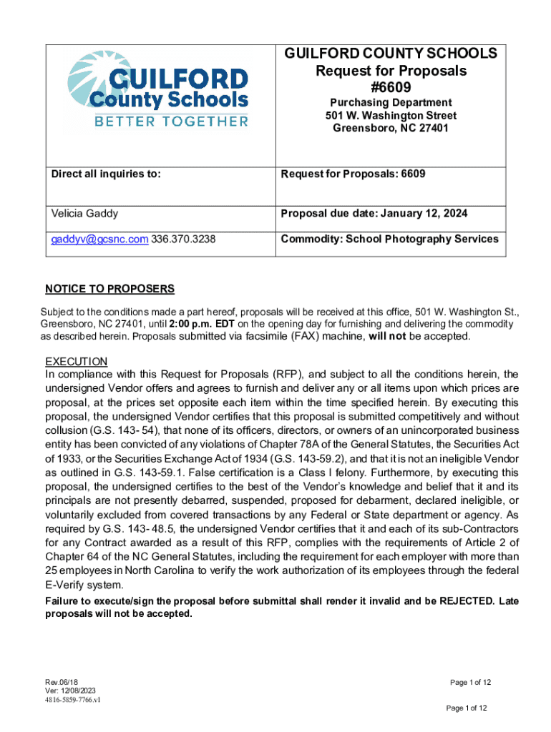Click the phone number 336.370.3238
183,239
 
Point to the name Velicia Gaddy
84,213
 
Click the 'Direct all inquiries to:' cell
105,173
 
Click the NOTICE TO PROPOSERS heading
109,289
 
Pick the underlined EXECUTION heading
76,361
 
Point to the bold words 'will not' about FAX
386,337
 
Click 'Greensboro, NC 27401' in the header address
391,128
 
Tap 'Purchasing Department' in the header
391,102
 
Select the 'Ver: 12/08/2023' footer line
69,691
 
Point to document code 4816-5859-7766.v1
72,700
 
